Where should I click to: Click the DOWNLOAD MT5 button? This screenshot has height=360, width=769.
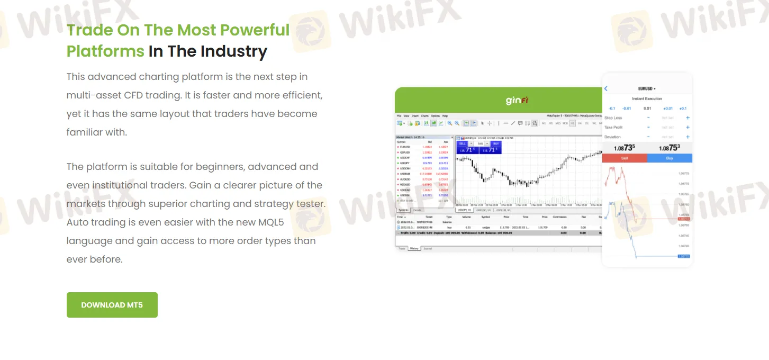[112, 305]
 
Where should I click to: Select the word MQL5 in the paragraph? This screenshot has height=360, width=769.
[267, 222]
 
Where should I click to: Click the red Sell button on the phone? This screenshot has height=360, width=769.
[625, 158]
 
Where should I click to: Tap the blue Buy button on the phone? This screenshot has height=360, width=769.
[670, 158]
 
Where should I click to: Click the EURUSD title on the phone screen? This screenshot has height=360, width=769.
[647, 89]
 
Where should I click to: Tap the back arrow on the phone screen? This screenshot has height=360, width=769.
[606, 89]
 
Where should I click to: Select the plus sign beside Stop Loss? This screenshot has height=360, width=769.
[687, 118]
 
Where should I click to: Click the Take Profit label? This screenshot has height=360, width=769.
[614, 128]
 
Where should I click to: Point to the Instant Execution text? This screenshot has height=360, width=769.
[647, 99]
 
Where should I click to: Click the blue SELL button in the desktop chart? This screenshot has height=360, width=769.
[462, 143]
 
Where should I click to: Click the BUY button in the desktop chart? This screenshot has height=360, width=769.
[495, 143]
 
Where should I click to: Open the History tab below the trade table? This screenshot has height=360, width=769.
[414, 248]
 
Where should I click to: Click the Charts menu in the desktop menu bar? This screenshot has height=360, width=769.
[424, 115]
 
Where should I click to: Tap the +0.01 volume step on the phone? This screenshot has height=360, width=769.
[668, 109]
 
